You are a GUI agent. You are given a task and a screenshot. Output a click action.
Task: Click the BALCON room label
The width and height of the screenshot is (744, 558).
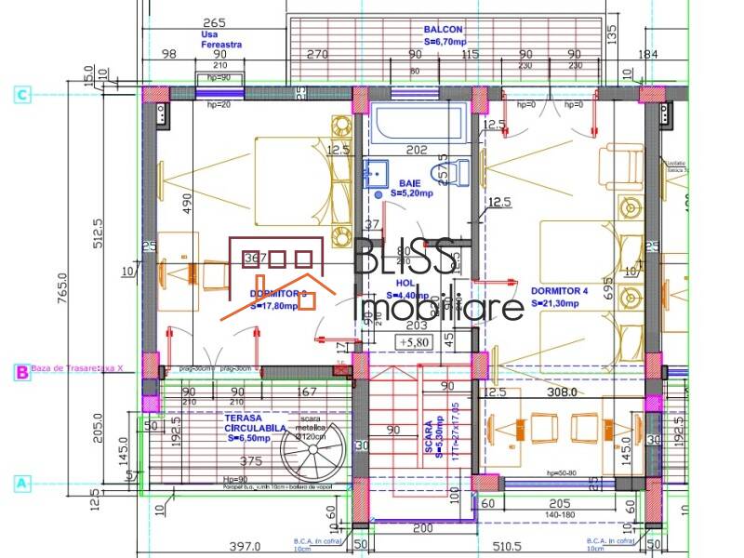tap(443, 30)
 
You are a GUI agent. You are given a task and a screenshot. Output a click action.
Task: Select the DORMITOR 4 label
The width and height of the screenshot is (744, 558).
tap(560, 290)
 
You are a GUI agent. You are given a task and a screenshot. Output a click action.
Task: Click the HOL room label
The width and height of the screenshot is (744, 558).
tap(405, 282)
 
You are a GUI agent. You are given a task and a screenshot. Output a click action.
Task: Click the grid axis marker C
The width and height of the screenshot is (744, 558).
tap(22, 94)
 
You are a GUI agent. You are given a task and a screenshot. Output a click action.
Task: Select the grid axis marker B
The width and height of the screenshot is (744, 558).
tap(22, 372)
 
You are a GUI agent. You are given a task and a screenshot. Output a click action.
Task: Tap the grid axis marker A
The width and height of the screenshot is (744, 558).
tap(22, 484)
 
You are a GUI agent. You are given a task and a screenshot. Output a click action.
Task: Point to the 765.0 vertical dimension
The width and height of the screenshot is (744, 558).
tap(62, 289)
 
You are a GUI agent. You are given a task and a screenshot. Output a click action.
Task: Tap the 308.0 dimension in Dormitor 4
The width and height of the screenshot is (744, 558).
tap(561, 392)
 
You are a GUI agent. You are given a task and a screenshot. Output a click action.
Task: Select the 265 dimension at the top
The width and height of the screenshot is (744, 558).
tap(214, 22)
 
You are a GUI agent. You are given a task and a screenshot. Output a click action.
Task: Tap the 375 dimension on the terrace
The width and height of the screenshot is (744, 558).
tap(249, 460)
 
